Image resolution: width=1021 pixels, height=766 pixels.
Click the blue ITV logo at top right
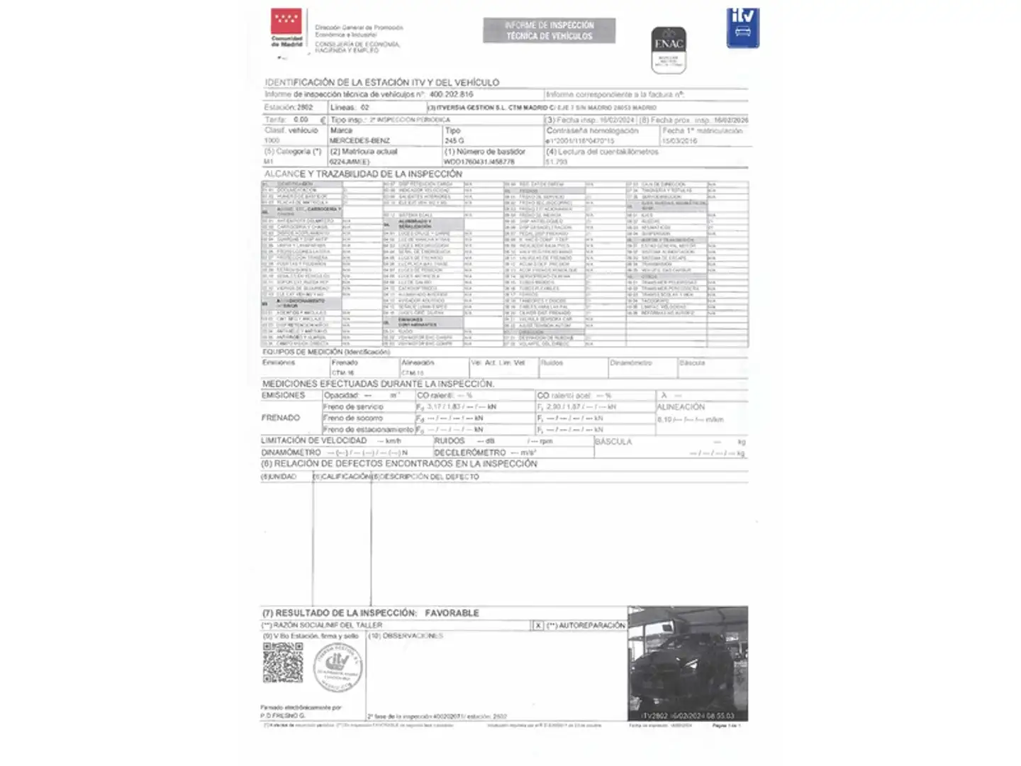coord(742,28)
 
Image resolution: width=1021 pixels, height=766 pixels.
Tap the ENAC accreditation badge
coord(668,50)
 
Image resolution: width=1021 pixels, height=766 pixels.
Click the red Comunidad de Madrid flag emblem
coord(286,22)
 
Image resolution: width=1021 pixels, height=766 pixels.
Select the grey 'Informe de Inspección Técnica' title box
coord(549,30)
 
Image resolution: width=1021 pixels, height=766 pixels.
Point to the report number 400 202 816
coord(451,94)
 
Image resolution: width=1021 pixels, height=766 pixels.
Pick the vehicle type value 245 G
coord(454,140)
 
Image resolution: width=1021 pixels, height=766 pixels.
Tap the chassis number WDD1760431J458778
coord(479,162)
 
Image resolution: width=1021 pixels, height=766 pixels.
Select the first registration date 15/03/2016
coord(679,140)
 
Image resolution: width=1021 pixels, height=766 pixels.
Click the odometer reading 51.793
coord(557,162)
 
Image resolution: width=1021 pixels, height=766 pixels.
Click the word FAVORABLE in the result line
coord(452,613)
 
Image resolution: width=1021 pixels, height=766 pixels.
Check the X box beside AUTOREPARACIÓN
coord(538,626)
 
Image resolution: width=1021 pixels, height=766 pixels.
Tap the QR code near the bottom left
coord(283,662)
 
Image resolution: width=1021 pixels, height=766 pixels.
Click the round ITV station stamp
coord(337,667)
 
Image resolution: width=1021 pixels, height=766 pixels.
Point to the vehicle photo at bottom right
coord(687,664)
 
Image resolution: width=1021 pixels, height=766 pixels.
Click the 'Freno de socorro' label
coord(352,418)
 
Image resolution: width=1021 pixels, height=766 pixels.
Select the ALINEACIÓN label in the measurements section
coord(681,407)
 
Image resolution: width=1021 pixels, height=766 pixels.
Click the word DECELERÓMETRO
coord(470,453)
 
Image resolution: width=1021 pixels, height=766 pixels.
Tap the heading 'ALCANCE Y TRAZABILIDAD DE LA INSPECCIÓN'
coord(363,174)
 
